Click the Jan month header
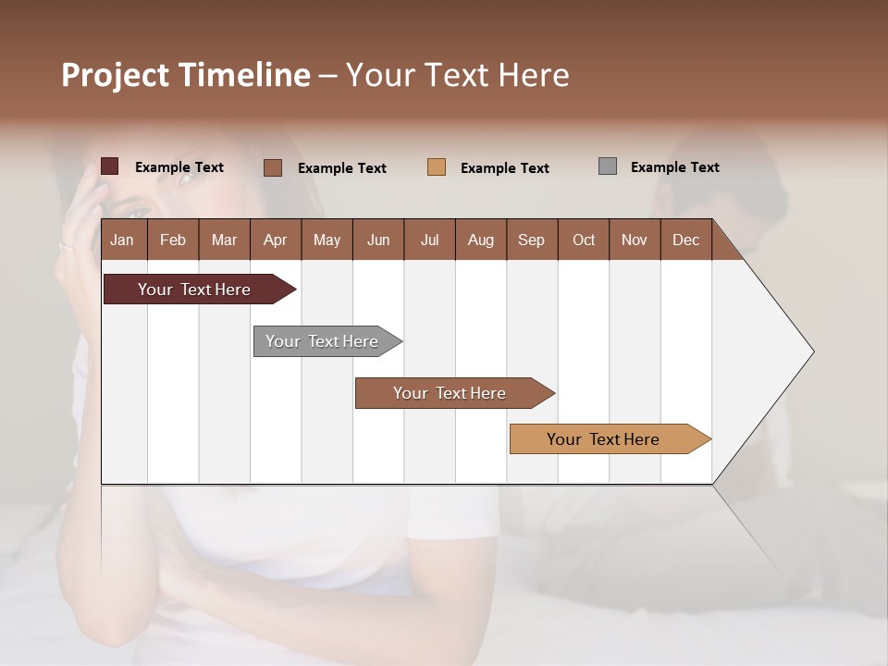(122, 240)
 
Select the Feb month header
(173, 240)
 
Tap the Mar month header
(224, 240)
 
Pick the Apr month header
(275, 240)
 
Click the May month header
(327, 240)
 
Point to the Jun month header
(378, 240)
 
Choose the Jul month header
(429, 240)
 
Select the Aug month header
(480, 240)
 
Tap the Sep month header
(531, 240)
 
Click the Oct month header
(584, 240)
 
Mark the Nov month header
(635, 240)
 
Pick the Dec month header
(685, 240)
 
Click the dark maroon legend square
(110, 166)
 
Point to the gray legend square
(608, 166)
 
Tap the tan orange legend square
(437, 167)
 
